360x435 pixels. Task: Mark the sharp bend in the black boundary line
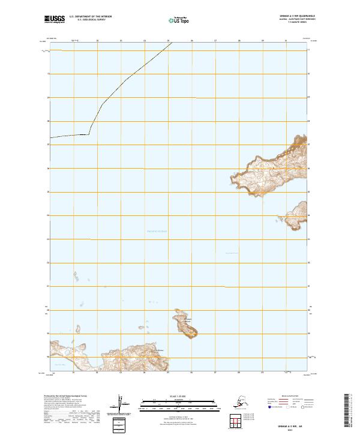(x=89, y=133)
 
